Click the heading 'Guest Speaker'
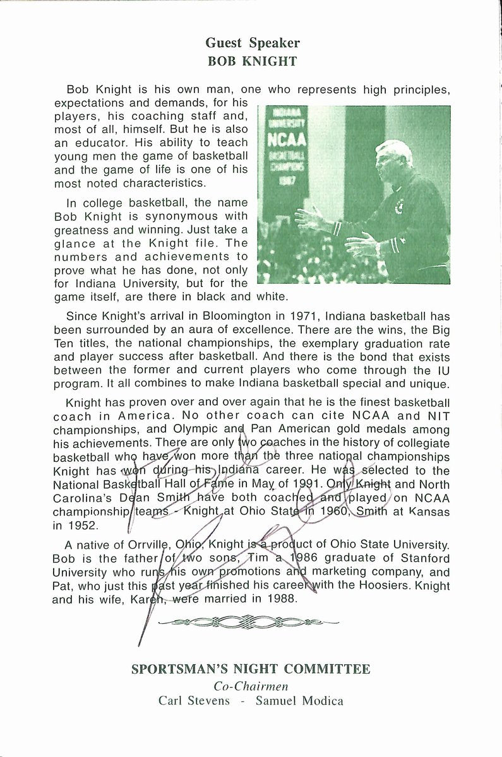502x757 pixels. coord(252,43)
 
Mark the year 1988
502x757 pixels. coord(280,599)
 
